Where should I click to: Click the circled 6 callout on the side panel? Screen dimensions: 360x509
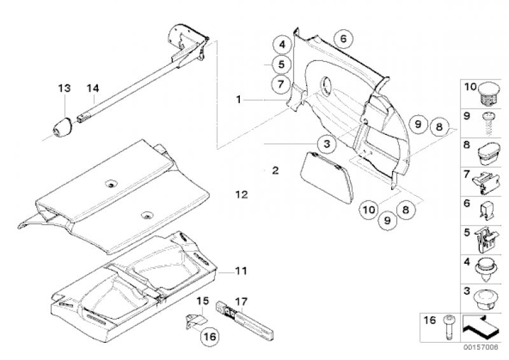click(x=342, y=38)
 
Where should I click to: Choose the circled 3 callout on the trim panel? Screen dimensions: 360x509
click(x=326, y=144)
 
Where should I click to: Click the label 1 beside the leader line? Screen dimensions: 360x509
click(x=239, y=100)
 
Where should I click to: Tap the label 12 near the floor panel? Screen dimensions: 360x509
click(x=241, y=195)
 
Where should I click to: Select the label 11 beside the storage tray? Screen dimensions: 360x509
click(x=239, y=272)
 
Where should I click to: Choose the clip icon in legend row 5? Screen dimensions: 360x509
click(x=487, y=239)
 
